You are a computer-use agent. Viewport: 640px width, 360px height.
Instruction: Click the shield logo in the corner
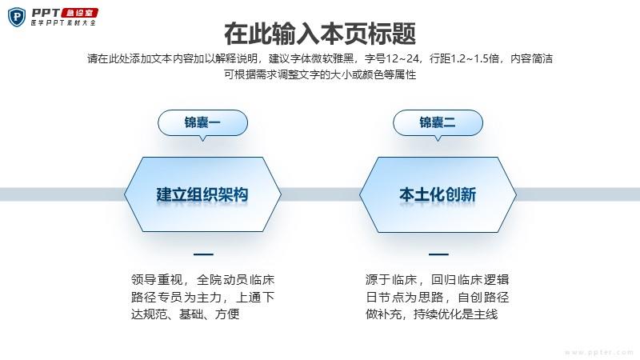(17, 18)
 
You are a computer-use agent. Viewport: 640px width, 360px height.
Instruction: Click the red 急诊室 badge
(79, 13)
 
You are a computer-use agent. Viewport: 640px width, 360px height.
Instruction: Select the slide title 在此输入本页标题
(320, 34)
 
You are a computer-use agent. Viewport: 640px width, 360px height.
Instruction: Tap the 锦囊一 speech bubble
(202, 123)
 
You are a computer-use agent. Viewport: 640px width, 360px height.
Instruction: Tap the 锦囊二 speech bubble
(438, 123)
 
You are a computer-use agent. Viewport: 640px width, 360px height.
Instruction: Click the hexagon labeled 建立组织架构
(202, 194)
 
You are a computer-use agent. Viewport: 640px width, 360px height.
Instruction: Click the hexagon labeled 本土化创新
(438, 194)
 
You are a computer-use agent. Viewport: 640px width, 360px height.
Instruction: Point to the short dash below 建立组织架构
(203, 254)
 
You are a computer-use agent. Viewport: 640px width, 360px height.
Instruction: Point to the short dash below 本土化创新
(438, 254)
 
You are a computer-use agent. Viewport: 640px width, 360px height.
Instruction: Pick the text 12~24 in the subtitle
(402, 58)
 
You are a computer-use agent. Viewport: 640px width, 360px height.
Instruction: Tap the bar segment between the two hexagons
(321, 194)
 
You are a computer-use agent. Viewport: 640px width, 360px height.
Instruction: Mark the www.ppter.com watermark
(599, 352)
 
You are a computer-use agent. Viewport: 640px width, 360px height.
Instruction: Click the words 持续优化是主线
(455, 314)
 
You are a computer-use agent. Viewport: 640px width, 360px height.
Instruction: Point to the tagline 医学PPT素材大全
(63, 23)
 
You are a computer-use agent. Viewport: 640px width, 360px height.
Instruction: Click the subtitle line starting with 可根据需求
(320, 74)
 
